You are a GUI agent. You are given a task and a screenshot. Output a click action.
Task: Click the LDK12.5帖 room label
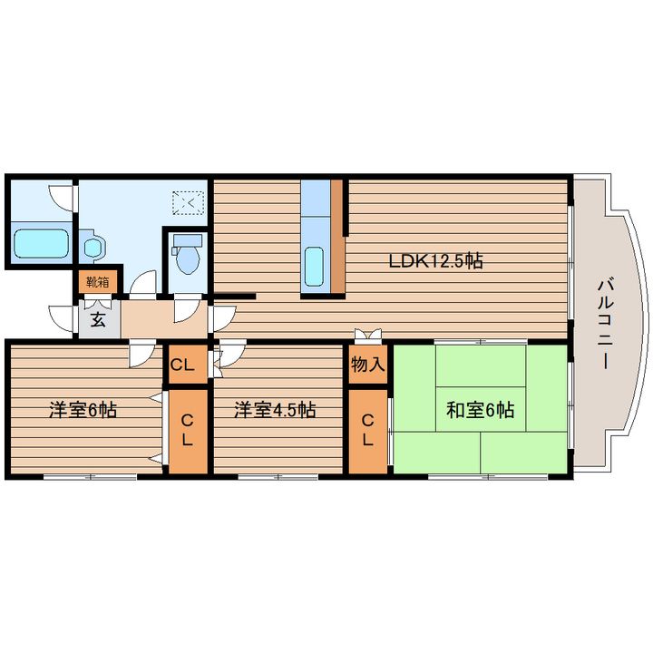point(435,261)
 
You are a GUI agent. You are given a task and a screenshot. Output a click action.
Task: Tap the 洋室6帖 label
point(83,410)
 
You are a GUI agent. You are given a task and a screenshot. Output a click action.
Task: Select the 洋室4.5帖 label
point(275,410)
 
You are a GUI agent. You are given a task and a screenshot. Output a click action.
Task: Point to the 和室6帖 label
point(481,410)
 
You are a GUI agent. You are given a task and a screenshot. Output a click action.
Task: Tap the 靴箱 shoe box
point(98,282)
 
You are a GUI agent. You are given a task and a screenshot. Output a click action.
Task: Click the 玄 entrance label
point(98,320)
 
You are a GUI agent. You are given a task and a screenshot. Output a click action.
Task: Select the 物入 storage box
point(367,365)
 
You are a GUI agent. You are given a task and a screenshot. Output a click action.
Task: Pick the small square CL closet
point(188,365)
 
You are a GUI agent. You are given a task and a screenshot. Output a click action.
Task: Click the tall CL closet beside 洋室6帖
point(188,432)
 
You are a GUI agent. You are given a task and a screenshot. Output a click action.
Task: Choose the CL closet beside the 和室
point(367,432)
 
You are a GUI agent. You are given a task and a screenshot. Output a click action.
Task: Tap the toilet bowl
point(188,260)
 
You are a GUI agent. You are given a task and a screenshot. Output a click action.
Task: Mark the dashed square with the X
point(189,203)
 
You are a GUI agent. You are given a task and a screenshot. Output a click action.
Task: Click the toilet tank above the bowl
point(188,240)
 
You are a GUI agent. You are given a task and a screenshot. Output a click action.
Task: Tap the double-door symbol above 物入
point(367,335)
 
